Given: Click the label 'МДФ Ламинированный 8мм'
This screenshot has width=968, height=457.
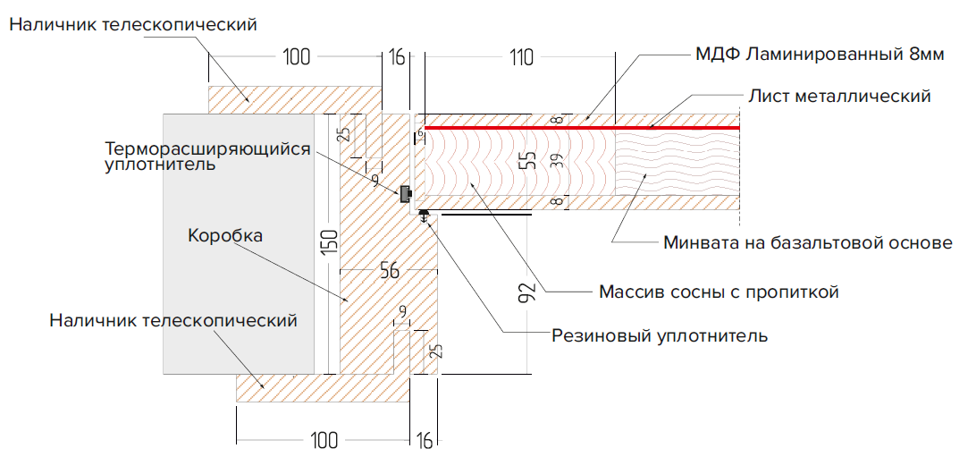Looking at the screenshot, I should (x=819, y=55).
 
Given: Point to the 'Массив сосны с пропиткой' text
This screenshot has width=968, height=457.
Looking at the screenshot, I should (x=719, y=292).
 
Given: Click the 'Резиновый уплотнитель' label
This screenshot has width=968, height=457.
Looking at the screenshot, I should (x=660, y=336).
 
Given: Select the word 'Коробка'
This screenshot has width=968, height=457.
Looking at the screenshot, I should (x=225, y=236).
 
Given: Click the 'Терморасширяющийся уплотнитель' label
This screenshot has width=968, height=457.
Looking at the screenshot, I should (x=207, y=157).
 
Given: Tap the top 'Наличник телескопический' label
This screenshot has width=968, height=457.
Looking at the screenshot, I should (x=134, y=24).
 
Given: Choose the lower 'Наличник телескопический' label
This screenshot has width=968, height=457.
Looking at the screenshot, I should (x=173, y=319).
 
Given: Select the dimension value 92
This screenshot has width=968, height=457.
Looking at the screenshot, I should (x=526, y=294).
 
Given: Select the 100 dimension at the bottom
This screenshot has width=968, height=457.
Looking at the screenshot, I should (x=326, y=440).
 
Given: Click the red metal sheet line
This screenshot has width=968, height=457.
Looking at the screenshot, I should (x=581, y=129).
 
